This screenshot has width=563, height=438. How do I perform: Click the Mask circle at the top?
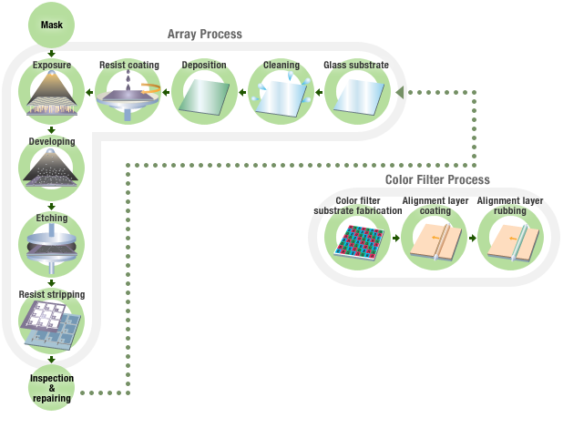click(x=52, y=24)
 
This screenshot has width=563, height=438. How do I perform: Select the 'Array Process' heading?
click(x=204, y=34)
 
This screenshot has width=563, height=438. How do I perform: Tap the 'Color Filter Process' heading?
click(x=437, y=179)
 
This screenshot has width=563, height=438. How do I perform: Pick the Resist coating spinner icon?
click(x=128, y=95)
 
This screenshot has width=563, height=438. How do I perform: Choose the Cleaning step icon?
click(x=281, y=95)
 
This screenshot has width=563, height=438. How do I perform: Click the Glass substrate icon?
click(x=357, y=95)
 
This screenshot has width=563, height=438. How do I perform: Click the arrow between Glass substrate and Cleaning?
click(x=319, y=93)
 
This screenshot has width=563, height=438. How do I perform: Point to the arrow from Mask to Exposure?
click(x=52, y=54)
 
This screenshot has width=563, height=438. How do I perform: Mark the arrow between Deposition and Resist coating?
click(x=167, y=93)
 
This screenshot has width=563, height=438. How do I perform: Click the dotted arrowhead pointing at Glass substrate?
click(x=399, y=93)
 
